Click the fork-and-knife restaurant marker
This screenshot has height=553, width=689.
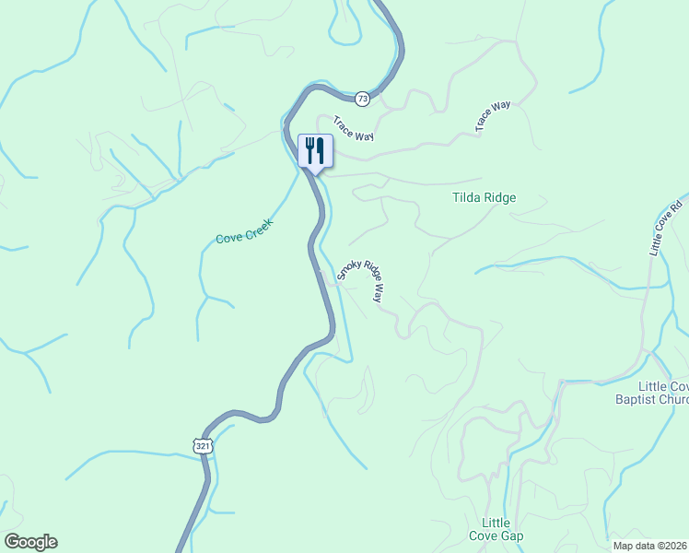coord(315,151)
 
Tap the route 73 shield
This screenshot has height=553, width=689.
coord(362,98)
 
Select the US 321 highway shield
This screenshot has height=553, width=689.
coord(204,446)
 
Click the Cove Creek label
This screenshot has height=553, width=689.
coord(245,231)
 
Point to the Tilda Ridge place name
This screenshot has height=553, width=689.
coord(484,197)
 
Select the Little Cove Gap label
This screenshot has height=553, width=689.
coord(502,530)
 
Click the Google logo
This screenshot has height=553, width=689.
coord(30,542)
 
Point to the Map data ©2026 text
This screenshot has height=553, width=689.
coord(649,546)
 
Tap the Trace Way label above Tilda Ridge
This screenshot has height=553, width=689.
coord(493,117)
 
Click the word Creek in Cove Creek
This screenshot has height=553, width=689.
coord(259,226)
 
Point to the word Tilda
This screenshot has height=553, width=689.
coord(467,197)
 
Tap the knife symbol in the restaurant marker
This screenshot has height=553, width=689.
coord(321,149)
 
